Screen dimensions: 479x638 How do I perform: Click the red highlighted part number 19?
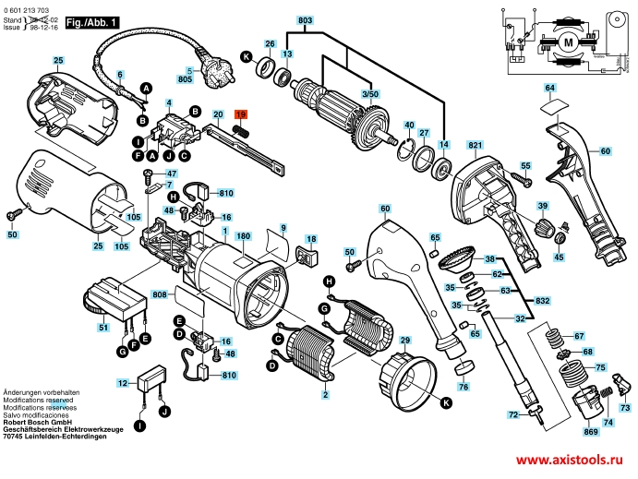click(242, 114)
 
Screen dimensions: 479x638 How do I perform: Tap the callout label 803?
click(306, 19)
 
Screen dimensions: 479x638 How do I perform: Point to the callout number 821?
click(475, 146)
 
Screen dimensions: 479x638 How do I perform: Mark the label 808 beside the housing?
click(159, 295)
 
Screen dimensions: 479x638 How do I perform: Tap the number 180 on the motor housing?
click(244, 236)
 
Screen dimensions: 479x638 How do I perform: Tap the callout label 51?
click(103, 328)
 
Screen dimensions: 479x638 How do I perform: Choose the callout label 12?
click(122, 382)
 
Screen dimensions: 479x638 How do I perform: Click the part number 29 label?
click(403, 341)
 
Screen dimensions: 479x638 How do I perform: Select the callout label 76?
click(463, 387)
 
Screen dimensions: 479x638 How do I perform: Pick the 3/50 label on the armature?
click(369, 95)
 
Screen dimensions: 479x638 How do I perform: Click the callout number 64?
click(549, 88)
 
